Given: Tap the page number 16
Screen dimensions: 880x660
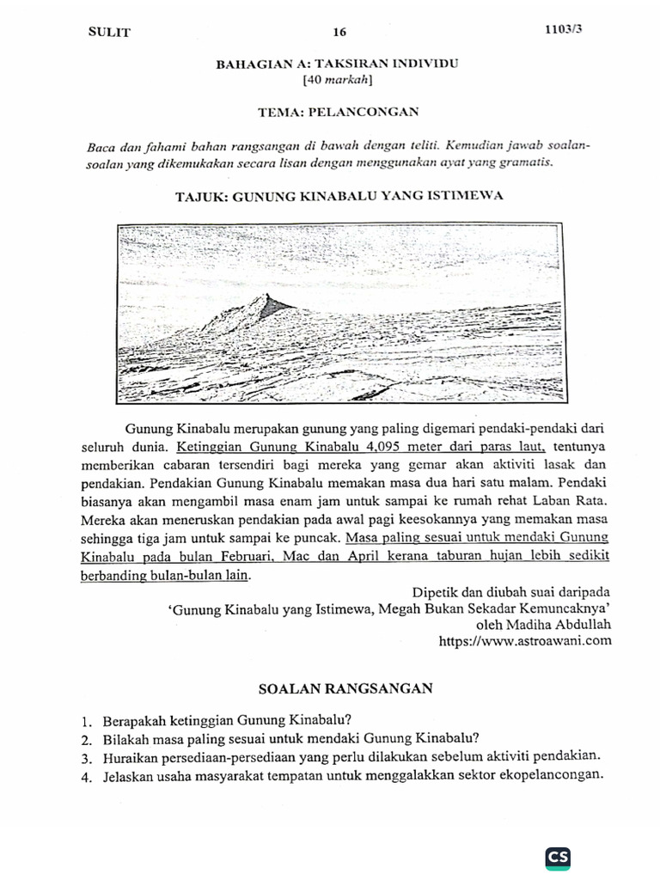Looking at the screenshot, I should [339, 32].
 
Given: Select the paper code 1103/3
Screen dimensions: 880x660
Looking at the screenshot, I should [562, 28].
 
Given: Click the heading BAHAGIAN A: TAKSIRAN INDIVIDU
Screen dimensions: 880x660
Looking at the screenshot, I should [338, 64].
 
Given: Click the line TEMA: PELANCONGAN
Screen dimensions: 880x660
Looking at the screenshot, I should [338, 112].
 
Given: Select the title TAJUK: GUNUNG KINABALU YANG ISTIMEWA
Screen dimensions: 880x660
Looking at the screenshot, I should [339, 196].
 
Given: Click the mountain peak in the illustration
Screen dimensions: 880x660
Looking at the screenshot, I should [260, 298].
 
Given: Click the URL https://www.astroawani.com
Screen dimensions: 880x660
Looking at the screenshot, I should [525, 641].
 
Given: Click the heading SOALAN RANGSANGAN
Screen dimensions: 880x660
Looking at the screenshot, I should [345, 688].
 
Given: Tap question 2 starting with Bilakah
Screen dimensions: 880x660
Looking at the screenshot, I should [290, 738].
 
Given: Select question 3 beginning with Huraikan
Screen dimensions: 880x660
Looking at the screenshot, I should [350, 756].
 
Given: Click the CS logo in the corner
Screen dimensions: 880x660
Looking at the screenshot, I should [558, 857].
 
